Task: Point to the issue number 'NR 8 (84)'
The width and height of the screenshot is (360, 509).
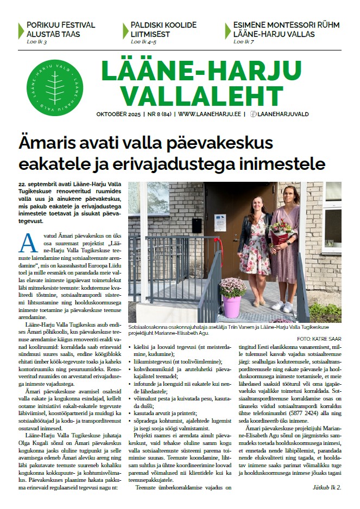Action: [158, 114]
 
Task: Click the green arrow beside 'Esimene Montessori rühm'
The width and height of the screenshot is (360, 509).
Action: [228, 29]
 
